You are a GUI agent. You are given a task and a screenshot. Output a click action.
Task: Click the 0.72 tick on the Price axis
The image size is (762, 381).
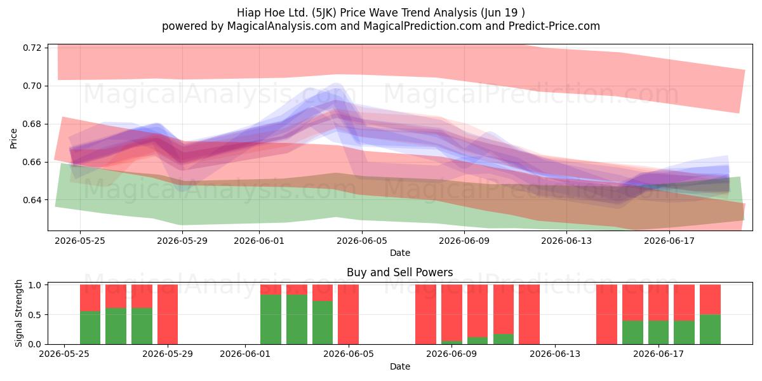point(32,48)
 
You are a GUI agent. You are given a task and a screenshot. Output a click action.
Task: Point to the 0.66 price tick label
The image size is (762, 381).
point(32,162)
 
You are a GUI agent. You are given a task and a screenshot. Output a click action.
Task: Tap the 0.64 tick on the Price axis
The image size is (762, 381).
point(32,200)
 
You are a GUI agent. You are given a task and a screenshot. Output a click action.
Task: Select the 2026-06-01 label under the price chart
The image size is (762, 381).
point(259,241)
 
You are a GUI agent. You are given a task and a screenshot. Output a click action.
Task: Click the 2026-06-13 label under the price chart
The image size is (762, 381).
point(566,241)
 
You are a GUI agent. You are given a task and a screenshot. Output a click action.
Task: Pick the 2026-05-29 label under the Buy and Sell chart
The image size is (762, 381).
point(168,354)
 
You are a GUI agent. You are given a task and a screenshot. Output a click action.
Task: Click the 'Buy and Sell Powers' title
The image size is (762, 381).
point(399,272)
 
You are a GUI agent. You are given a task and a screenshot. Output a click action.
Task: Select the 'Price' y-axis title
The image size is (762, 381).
point(13,139)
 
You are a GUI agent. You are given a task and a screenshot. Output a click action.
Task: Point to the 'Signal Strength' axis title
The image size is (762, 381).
point(18,313)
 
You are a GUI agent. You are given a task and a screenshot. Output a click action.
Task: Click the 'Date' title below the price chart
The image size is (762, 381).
point(399,253)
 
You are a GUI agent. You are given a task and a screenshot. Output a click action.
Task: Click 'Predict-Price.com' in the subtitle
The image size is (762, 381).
point(554,26)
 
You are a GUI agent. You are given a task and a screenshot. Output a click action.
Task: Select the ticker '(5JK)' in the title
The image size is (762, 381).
point(324,13)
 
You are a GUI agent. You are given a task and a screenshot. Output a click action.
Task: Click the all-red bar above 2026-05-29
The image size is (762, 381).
point(168,314)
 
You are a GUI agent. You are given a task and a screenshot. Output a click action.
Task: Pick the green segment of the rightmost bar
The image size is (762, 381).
point(710,330)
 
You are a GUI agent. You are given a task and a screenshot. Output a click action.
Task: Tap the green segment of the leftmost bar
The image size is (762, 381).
point(90,328)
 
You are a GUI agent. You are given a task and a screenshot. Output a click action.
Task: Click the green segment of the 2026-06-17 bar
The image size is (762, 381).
point(658,332)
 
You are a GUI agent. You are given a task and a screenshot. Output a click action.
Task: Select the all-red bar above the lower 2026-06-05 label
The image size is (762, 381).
point(348,314)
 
